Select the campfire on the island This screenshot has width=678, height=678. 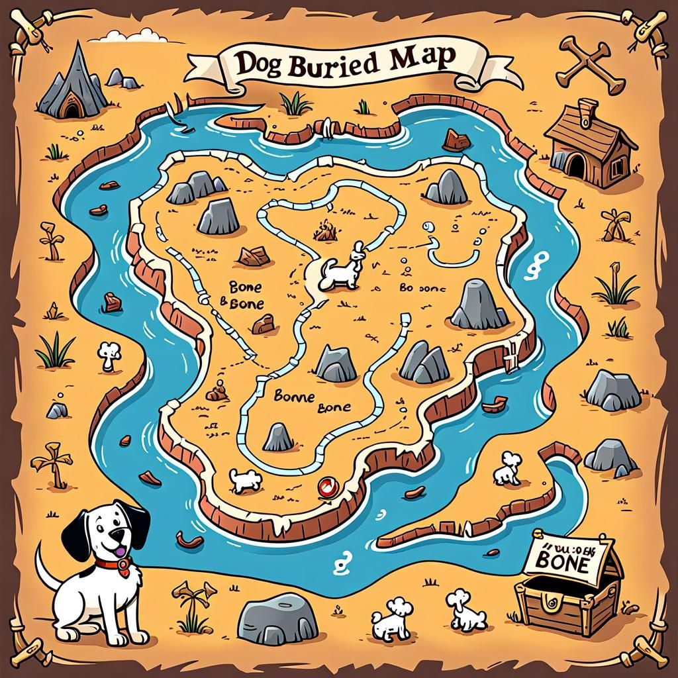click(324, 231)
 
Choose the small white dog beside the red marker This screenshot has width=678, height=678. click(245, 479)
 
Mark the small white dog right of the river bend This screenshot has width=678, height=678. click(508, 469)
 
